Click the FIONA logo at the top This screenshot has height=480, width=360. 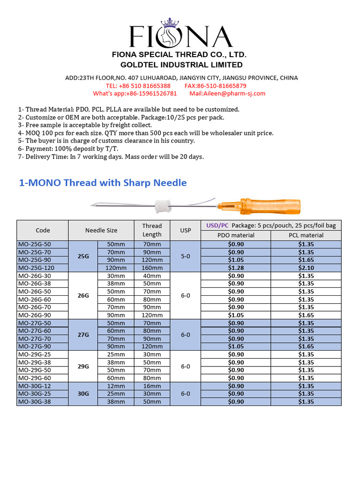[x=180, y=34]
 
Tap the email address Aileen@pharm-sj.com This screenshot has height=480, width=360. [x=227, y=93]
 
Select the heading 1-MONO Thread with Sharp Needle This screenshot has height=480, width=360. [x=103, y=183]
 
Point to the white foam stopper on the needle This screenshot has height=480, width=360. [x=161, y=205]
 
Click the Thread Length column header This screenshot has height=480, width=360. [x=152, y=230]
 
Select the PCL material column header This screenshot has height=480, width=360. [x=306, y=235]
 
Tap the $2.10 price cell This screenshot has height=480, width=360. [x=306, y=268]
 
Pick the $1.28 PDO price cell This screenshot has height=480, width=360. [x=236, y=268]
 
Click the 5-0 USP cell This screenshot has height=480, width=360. [x=186, y=256]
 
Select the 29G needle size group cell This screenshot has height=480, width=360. [x=83, y=366]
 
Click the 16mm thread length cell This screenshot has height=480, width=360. [x=152, y=386]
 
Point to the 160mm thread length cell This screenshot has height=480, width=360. [x=152, y=268]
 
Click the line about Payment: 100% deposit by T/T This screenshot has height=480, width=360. [x=68, y=149]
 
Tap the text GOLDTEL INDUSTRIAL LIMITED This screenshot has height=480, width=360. [x=181, y=65]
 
